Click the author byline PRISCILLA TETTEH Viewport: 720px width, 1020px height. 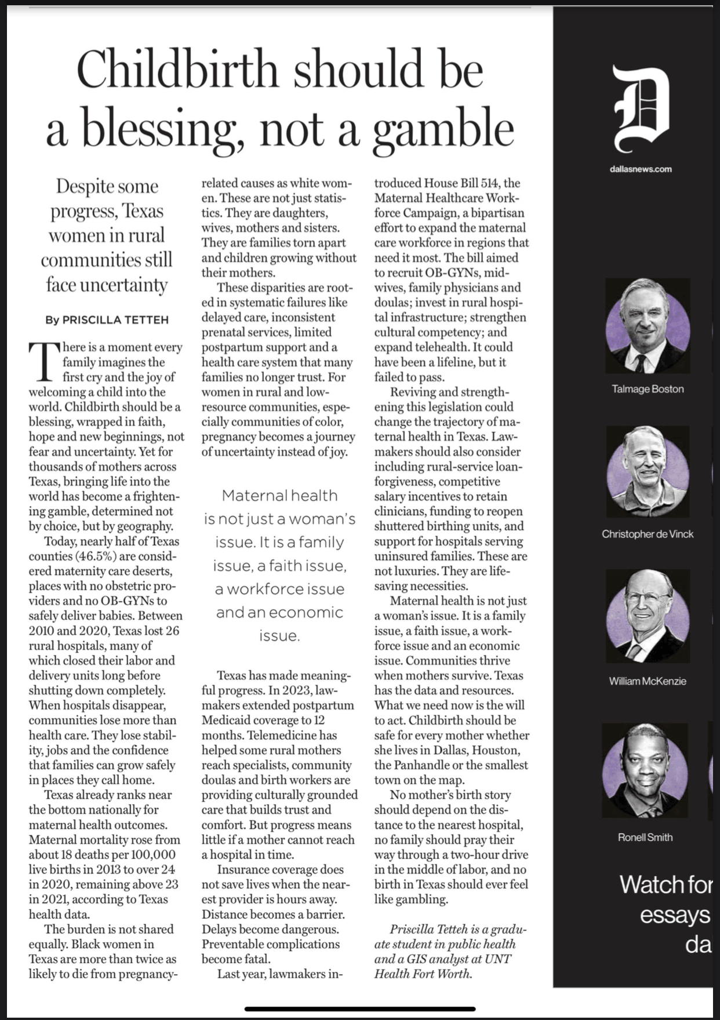115,320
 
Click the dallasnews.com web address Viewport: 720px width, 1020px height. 641,169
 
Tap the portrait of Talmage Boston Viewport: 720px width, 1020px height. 648,325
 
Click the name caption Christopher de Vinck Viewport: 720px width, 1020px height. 648,534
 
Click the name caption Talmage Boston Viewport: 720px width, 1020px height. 648,389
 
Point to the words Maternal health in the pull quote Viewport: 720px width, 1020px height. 279,495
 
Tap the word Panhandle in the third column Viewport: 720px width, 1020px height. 422,765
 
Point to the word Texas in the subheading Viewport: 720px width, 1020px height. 143,211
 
